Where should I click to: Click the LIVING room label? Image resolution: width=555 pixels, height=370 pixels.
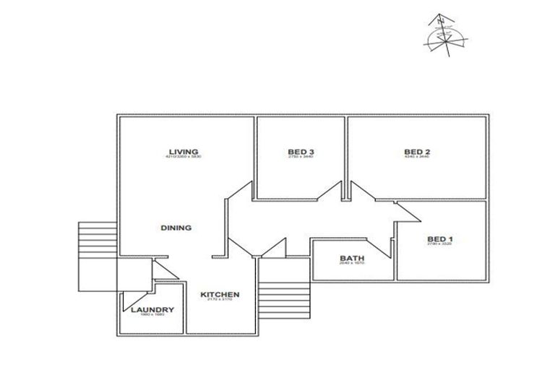pos(184,151)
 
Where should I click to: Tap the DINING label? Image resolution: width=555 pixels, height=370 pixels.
pos(176,228)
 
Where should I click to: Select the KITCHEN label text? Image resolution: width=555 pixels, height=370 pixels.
pos(220,294)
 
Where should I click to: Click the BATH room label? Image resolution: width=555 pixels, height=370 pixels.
pos(352,259)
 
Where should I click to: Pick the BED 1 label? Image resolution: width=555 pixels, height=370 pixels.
pos(440,239)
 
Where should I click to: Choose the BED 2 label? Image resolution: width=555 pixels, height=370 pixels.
pos(418,151)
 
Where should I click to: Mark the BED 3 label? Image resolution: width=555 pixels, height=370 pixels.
pos(300,151)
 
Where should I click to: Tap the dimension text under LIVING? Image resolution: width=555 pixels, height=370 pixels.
pos(184,157)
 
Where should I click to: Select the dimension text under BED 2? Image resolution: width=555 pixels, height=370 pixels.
pos(418,157)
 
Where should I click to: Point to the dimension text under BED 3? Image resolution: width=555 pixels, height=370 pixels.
pos(300,157)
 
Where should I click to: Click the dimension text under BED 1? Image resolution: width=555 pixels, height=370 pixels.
pos(439,245)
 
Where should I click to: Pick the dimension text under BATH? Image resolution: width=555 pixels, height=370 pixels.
pos(352,264)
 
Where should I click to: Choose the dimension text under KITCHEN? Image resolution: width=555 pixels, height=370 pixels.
pos(220,300)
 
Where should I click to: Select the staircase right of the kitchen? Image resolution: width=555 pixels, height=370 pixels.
pos(284,294)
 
